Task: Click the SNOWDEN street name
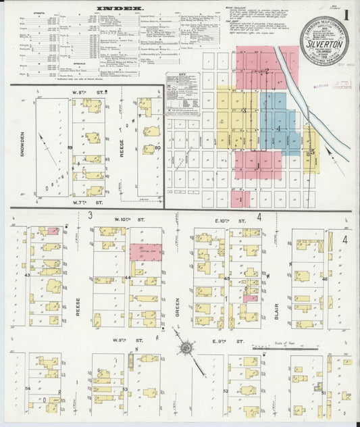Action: (22, 145)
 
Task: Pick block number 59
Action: (70, 147)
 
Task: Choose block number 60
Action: (157, 147)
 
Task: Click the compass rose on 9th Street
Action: (185, 349)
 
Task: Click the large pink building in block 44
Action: (146, 251)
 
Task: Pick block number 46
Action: (325, 278)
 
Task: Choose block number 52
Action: (226, 391)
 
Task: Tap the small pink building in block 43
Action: (53, 231)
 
